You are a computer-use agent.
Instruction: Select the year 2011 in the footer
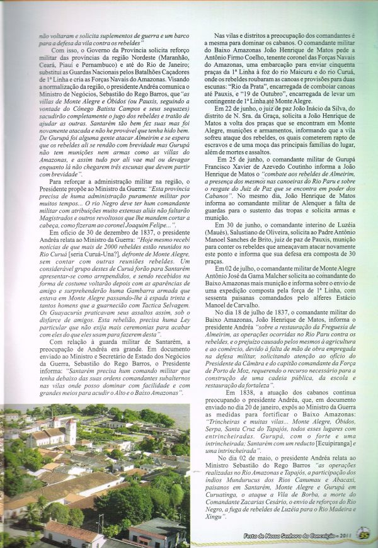(344, 537)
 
